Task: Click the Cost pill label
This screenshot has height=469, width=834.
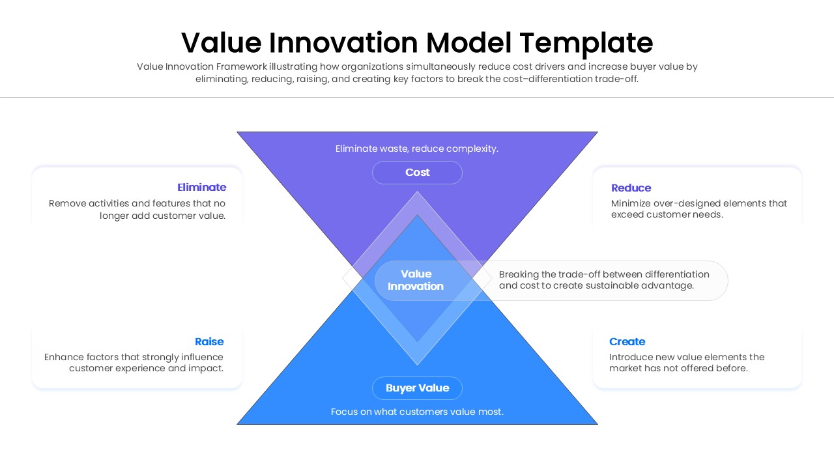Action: (417, 173)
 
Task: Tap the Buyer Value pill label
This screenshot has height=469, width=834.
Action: (417, 388)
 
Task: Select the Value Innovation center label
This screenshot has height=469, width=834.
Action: (416, 280)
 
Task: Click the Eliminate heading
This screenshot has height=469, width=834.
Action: (201, 188)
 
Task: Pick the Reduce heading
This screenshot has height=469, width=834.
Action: (631, 188)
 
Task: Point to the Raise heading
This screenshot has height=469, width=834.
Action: (208, 342)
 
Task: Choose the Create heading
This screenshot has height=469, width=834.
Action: (627, 342)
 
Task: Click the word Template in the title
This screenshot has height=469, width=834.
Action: (586, 43)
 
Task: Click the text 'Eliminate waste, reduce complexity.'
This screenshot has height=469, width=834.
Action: (417, 149)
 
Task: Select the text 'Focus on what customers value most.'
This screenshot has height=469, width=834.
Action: (417, 412)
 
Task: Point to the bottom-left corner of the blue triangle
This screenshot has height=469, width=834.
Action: (238, 424)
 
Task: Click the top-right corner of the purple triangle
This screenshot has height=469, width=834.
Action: (597, 133)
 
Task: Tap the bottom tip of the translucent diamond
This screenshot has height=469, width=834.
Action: (417, 364)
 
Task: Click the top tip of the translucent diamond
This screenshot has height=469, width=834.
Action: (417, 192)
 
